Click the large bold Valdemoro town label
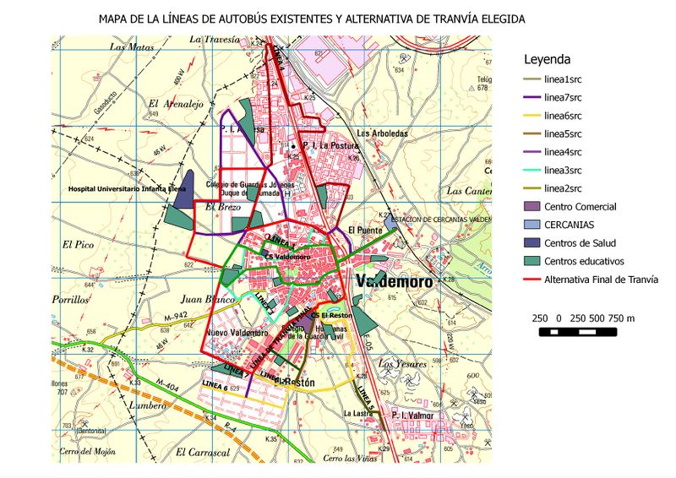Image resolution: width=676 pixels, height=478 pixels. [394, 281]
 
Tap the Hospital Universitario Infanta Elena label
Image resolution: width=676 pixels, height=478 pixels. [127, 190]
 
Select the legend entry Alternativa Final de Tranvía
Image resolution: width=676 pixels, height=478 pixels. [601, 280]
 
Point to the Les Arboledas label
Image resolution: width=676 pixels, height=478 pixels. [382, 133]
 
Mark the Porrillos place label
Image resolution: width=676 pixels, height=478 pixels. [69, 300]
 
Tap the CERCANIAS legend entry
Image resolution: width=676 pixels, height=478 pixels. [569, 225]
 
